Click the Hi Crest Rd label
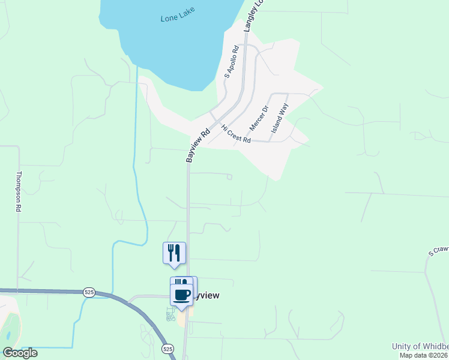pyautogui.click(x=235, y=133)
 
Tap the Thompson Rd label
pyautogui.click(x=19, y=191)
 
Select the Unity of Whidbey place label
pyautogui.click(x=420, y=346)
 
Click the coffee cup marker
pyautogui.click(x=182, y=295)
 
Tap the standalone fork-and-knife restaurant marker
pyautogui.click(x=174, y=252)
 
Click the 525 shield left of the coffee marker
pyautogui.click(x=89, y=292)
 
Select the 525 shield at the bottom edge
pyautogui.click(x=168, y=349)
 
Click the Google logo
pyautogui.click(x=20, y=353)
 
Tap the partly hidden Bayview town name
pyautogui.click(x=208, y=296)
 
